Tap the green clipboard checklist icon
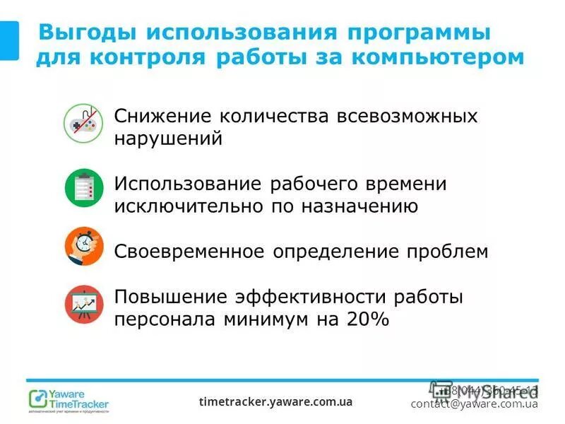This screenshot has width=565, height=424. (84, 188)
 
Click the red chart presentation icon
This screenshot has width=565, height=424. (84, 304)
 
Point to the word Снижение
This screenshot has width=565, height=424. (162, 116)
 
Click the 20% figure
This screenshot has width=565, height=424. (367, 319)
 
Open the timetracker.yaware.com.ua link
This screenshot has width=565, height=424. (275, 401)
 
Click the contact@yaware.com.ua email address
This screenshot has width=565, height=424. (474, 404)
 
